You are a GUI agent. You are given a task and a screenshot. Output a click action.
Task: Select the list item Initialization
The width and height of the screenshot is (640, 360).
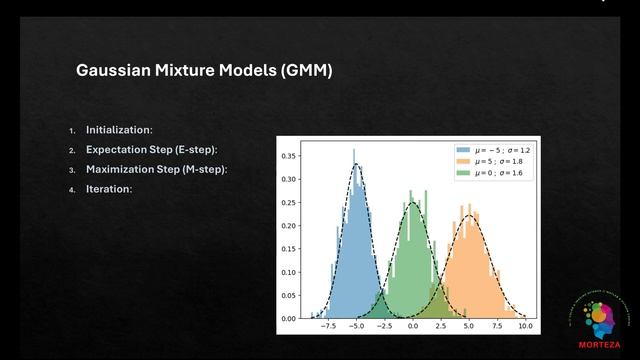[119, 130]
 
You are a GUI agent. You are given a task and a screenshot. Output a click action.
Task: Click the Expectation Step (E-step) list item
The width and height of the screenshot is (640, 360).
[151, 150]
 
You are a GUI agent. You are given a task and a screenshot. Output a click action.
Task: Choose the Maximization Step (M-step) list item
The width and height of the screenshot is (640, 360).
[156, 169]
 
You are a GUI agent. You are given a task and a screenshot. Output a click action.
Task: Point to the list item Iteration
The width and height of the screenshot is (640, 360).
[109, 188]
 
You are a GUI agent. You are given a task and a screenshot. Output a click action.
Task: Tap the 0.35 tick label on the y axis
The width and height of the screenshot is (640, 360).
[288, 156]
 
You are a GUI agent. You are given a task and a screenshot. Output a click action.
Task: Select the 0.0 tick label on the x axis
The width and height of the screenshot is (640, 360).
[413, 326]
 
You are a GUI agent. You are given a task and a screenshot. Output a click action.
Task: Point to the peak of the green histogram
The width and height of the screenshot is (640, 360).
[411, 193]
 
